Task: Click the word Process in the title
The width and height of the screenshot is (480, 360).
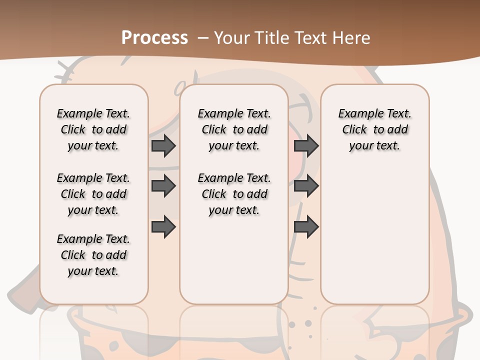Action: [x=154, y=37]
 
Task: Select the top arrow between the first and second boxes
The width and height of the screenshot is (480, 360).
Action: [x=163, y=145]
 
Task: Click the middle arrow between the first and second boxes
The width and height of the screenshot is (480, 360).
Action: [x=163, y=186]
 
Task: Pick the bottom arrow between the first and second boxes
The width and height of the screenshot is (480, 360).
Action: [x=163, y=226]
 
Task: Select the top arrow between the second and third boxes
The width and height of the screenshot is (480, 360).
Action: [x=306, y=145]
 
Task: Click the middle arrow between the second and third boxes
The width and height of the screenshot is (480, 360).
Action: [x=306, y=186]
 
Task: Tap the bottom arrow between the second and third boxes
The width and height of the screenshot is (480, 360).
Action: [x=306, y=226]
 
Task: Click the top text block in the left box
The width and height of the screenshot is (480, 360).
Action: [x=93, y=129]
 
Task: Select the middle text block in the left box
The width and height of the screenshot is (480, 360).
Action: [x=93, y=194]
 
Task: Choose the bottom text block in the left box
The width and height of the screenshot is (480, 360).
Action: [x=93, y=255]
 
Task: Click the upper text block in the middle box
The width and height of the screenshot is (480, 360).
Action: [x=234, y=129]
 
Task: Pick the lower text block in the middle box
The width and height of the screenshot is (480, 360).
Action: [x=234, y=194]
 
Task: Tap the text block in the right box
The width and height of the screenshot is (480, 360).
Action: [x=374, y=129]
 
